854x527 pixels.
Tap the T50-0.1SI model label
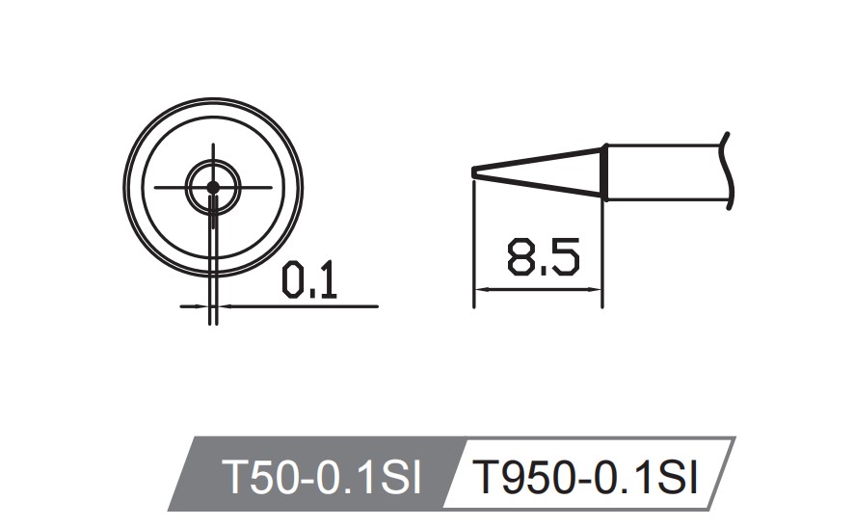point(321,477)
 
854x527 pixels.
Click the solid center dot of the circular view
point(212,186)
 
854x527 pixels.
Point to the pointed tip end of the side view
point(475,172)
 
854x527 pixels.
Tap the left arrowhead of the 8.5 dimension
point(483,288)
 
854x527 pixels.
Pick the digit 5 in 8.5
point(564,258)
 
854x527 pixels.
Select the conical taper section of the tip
point(540,172)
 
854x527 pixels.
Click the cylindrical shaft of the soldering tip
point(665,172)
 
